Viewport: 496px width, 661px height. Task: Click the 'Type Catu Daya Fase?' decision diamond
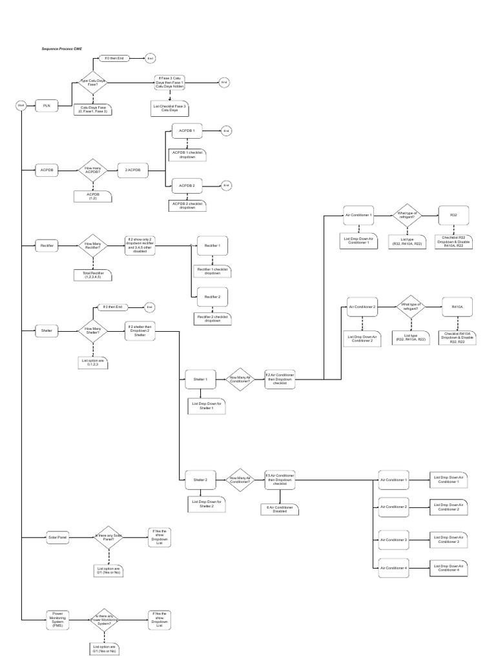(93, 82)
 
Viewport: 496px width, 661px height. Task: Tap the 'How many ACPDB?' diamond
(93, 170)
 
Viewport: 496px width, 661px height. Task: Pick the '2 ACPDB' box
(132, 170)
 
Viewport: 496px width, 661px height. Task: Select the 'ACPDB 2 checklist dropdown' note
(187, 205)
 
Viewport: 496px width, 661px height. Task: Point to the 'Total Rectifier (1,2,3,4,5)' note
(93, 275)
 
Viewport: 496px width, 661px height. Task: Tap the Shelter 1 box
(200, 380)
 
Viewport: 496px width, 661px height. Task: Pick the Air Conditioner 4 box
(393, 567)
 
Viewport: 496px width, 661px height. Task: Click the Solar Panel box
(57, 536)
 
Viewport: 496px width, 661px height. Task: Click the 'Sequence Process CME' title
(63, 48)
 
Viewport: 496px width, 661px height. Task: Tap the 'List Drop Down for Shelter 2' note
(207, 504)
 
